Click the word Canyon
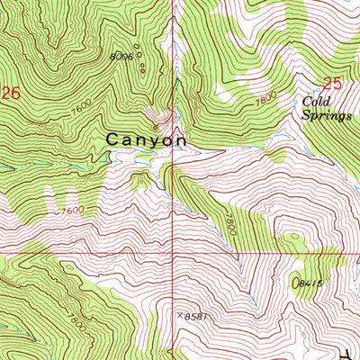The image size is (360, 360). point(147,140)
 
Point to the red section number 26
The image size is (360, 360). point(10,92)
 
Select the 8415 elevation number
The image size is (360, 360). point(310,282)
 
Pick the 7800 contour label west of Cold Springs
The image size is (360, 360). point(264,102)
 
